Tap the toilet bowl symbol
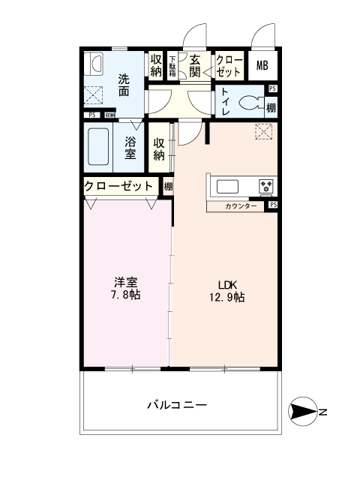[250, 102]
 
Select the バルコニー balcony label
[176, 405]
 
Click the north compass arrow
[304, 412]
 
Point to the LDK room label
[227, 285]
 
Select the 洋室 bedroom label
[124, 283]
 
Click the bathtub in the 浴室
[99, 148]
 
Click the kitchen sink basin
[226, 185]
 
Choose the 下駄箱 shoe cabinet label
[172, 66]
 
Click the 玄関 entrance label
[195, 66]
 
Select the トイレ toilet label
[225, 102]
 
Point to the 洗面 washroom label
[124, 84]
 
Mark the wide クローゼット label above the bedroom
[118, 186]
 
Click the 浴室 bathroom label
[130, 148]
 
